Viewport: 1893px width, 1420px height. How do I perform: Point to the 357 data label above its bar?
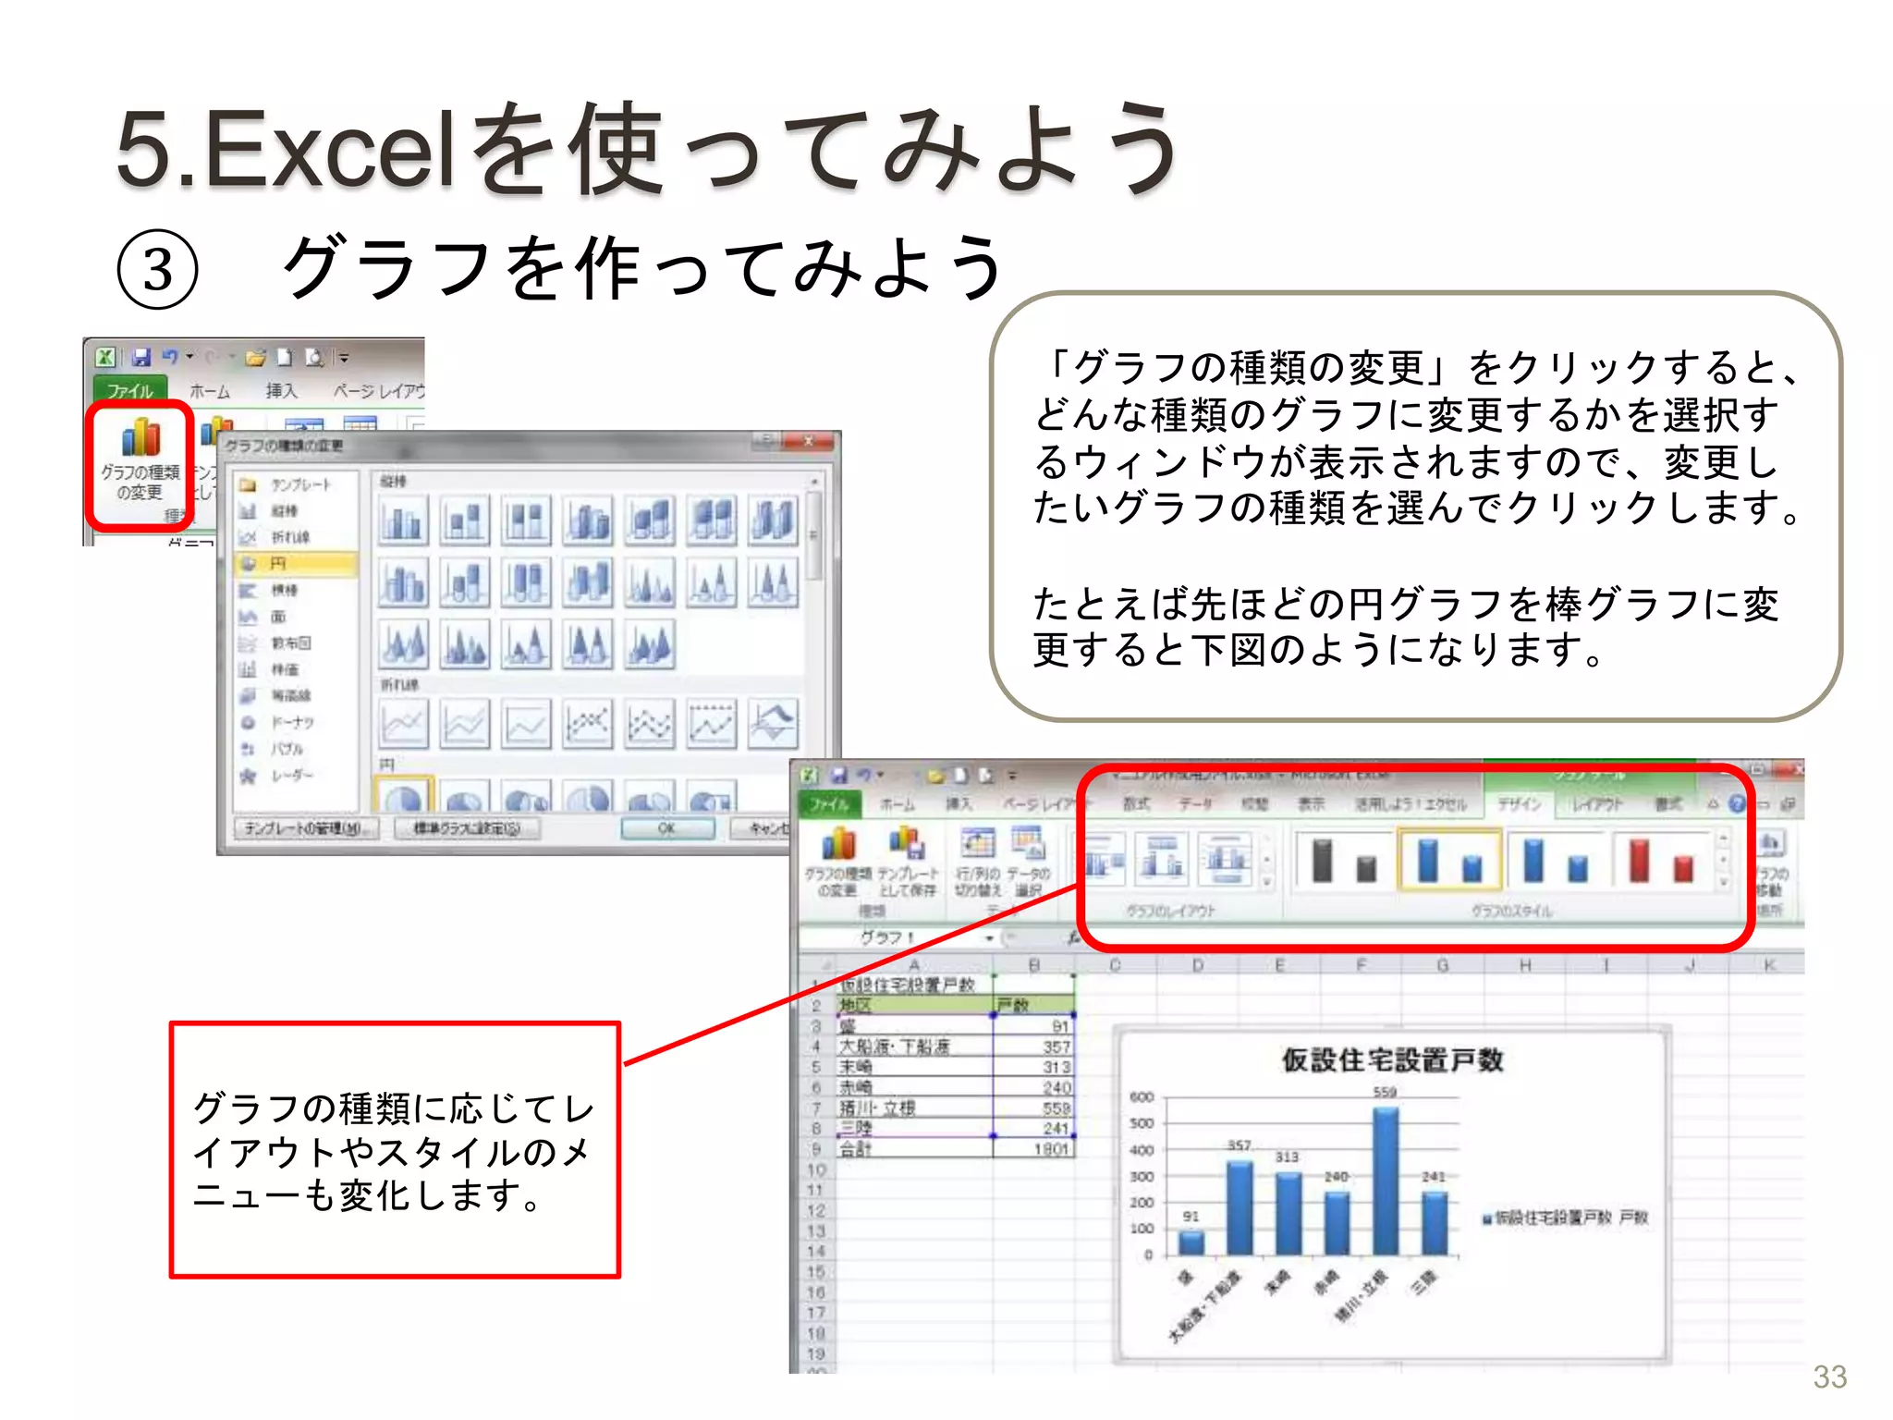[1239, 1145]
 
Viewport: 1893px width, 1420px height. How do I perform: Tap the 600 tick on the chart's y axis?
[1142, 1097]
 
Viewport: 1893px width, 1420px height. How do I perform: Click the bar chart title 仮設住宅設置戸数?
[1392, 1059]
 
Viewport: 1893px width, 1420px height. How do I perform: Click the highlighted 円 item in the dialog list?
[296, 563]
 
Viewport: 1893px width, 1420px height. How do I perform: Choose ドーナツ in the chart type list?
[292, 722]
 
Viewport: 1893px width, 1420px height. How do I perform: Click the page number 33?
[1829, 1377]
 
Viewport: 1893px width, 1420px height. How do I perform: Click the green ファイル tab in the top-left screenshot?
[129, 390]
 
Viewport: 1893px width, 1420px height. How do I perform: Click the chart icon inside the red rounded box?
[140, 437]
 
